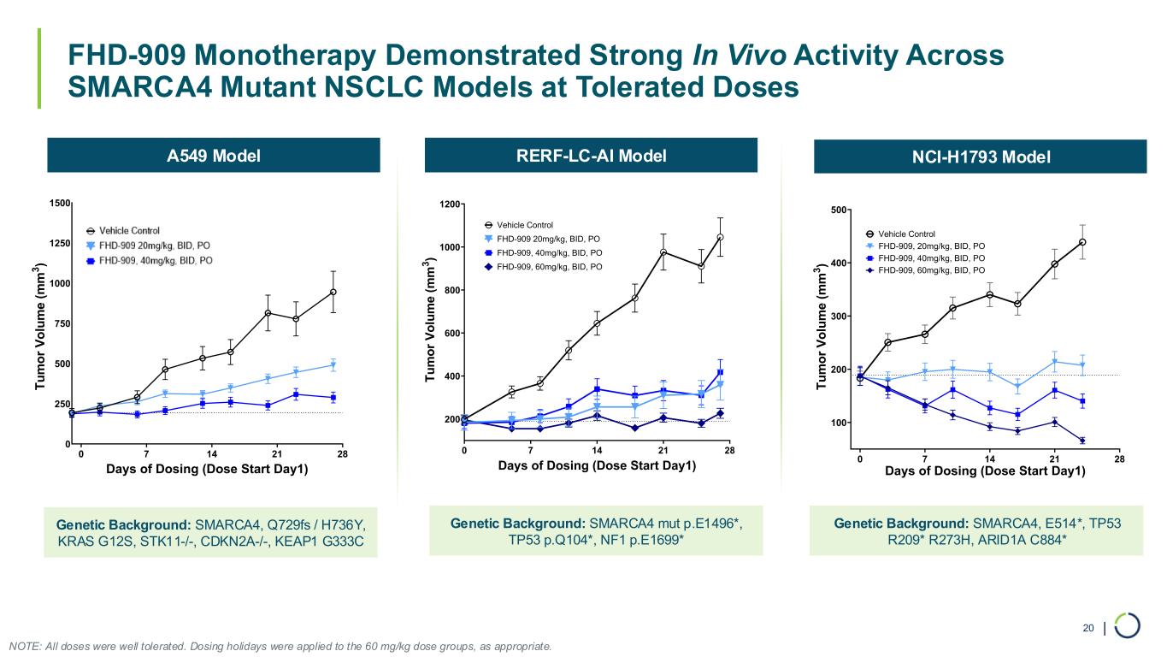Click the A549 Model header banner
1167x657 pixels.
point(213,156)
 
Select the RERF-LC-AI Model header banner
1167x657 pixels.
point(591,155)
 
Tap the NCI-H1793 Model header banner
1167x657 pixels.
point(980,157)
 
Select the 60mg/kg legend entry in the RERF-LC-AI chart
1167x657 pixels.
point(550,267)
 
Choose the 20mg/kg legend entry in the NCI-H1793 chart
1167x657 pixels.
point(932,246)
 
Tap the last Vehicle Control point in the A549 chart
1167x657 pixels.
point(333,292)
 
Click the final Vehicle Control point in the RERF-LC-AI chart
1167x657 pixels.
point(721,237)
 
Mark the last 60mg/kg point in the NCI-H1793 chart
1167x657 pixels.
point(1082,441)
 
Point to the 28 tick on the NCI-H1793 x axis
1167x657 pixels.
point(1119,459)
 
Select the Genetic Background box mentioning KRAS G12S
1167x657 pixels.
point(210,532)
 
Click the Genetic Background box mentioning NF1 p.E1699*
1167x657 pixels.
point(594,531)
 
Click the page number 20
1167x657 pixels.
point(1088,629)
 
